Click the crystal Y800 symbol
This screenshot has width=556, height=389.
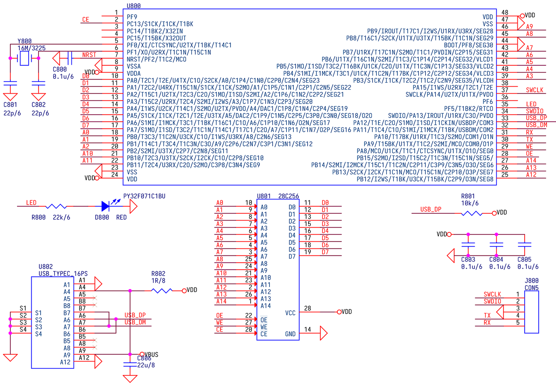coord(24,58)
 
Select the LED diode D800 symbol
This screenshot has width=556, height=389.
coord(105,206)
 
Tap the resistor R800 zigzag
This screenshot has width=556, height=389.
coord(56,206)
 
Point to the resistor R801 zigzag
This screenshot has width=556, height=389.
coord(471,213)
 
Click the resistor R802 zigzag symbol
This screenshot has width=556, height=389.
coord(162,290)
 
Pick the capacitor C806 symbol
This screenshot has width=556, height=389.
coord(130,364)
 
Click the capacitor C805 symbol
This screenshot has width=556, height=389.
coord(524,245)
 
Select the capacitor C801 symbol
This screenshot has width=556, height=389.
coord(10,83)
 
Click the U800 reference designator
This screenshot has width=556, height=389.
coord(134,6)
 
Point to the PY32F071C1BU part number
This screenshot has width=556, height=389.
coord(144,196)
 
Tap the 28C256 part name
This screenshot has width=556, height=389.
coord(288,196)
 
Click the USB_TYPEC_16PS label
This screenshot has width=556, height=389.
coord(63,273)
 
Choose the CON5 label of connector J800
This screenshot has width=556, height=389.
coord(531,288)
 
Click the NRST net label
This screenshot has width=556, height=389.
coord(89,54)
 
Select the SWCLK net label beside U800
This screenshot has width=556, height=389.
coord(535,90)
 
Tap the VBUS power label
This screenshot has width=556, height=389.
coord(151,355)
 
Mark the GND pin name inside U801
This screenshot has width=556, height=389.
coord(290,334)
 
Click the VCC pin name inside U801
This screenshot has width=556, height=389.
coord(290,313)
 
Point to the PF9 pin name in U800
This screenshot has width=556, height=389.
coord(132,17)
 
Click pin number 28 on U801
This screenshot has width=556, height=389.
coord(307,308)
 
